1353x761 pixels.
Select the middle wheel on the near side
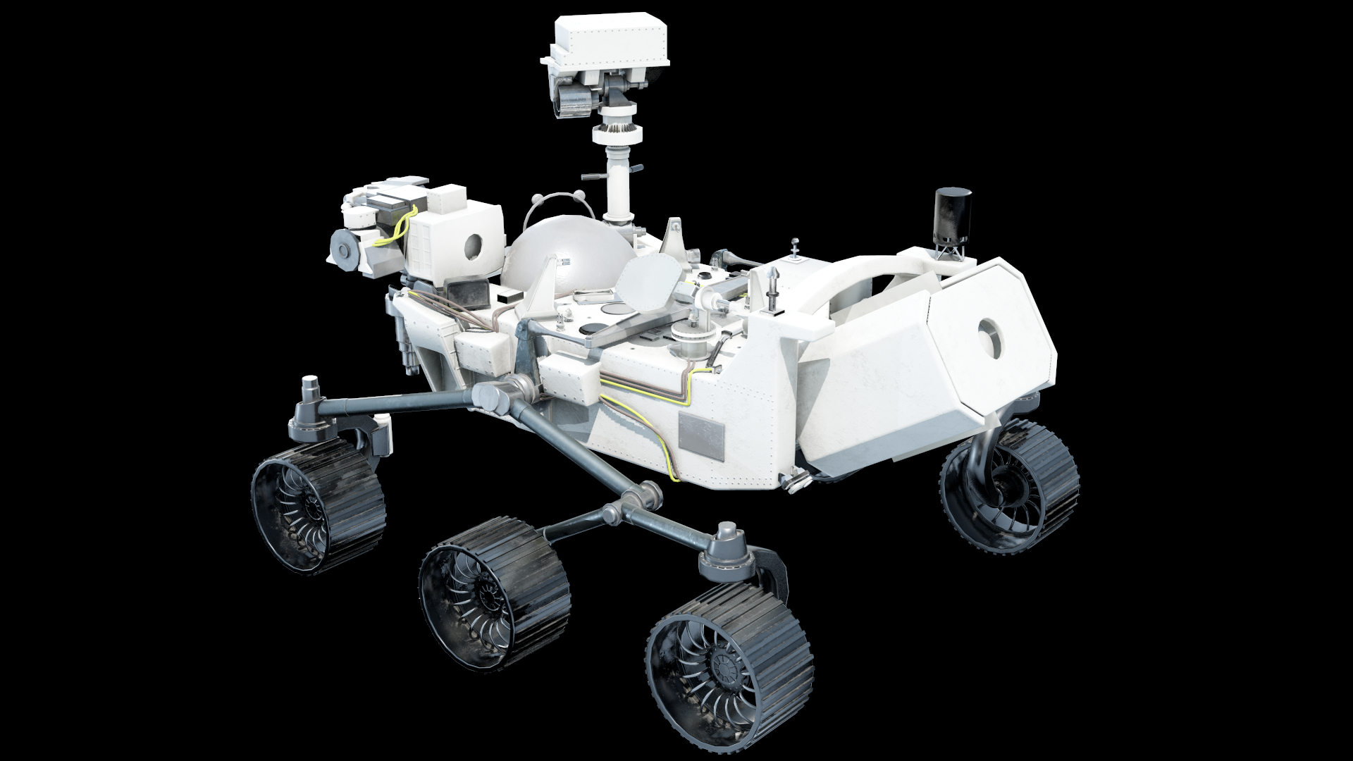[493, 588]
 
